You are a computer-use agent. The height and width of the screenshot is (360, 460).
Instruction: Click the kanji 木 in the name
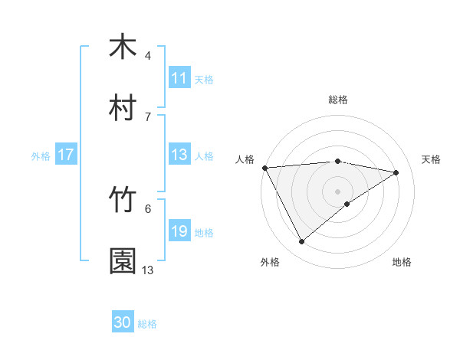[x=123, y=47]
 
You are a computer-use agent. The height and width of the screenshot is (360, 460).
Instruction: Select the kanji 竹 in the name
[x=123, y=200]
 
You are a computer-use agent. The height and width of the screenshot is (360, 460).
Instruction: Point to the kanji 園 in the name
[x=123, y=261]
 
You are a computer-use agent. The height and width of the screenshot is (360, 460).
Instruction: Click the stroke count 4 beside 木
[x=148, y=56]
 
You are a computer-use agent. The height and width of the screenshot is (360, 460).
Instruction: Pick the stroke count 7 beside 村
[x=148, y=116]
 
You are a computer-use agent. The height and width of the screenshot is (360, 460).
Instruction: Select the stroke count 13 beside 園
[x=148, y=270]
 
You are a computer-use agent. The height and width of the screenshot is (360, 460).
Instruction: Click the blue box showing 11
[x=179, y=78]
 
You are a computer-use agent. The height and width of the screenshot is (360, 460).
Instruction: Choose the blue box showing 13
[x=179, y=155]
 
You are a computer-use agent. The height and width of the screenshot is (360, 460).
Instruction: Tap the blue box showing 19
[x=179, y=231]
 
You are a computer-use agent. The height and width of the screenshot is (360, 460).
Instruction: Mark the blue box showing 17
[x=66, y=155]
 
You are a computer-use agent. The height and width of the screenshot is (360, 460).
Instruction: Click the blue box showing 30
[x=123, y=323]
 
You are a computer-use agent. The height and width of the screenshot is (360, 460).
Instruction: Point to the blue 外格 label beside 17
[x=41, y=155]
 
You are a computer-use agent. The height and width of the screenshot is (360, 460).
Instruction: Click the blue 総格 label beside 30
[x=148, y=324]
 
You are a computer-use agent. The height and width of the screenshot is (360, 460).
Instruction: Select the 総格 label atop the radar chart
[x=338, y=100]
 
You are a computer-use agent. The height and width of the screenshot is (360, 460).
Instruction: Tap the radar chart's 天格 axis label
[x=431, y=159]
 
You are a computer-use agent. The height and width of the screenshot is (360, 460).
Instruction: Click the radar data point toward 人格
[x=264, y=168]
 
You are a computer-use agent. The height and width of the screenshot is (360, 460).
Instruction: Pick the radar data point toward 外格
[x=301, y=242]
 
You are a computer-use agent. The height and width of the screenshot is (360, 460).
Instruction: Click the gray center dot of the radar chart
[x=338, y=191]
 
